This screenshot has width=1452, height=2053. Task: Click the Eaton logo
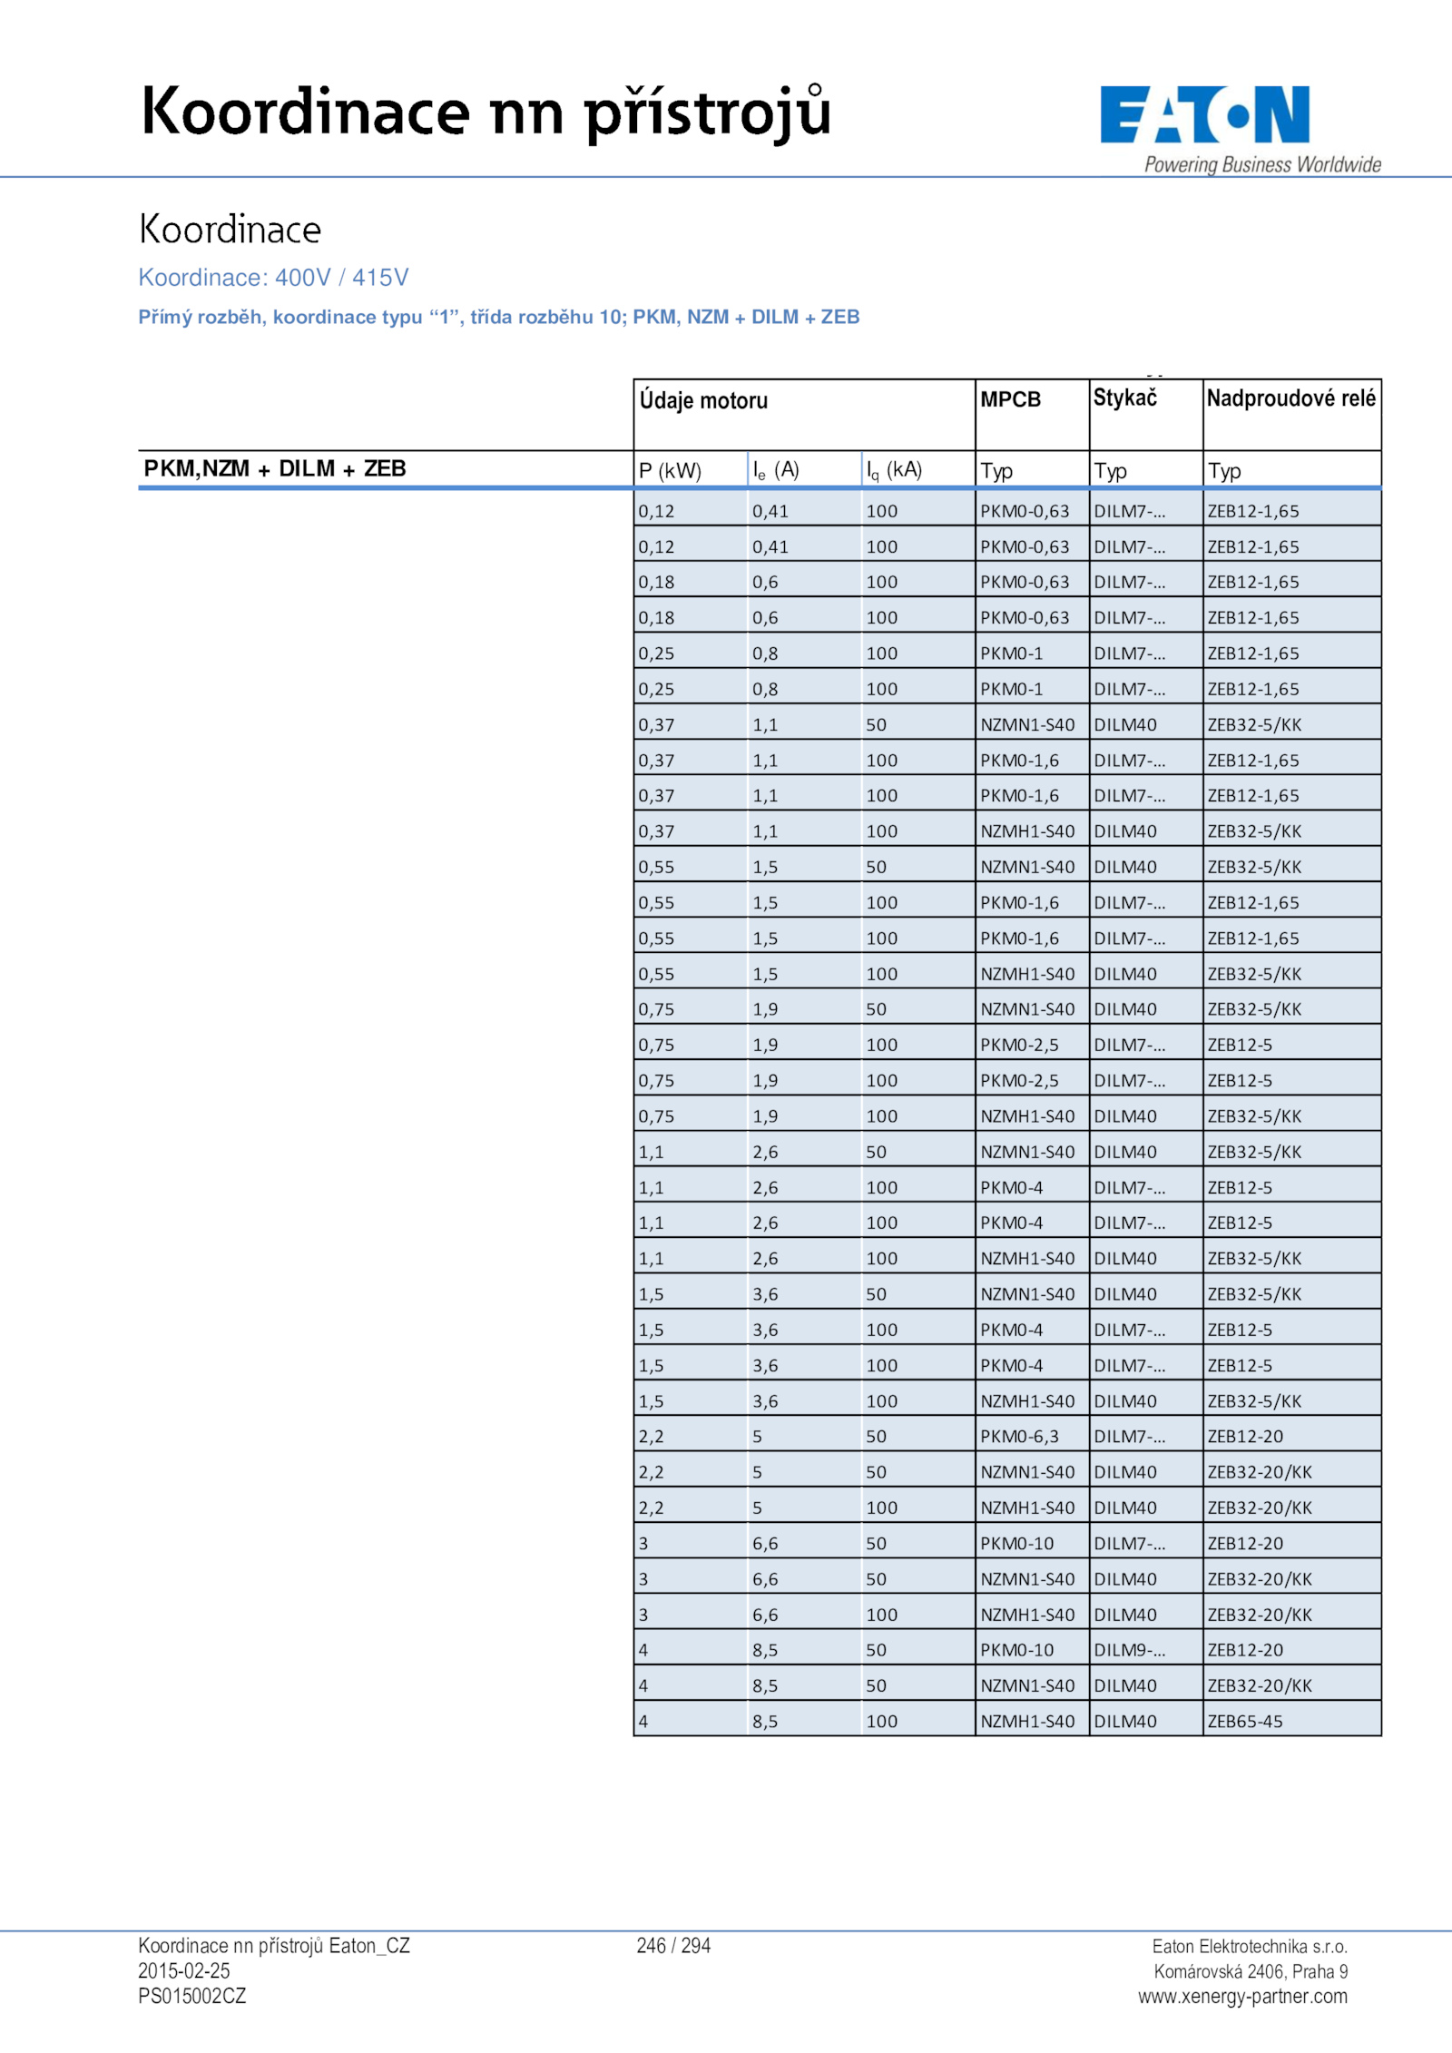pyautogui.click(x=1204, y=114)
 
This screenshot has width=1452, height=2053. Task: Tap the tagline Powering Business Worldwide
pyautogui.click(x=1261, y=164)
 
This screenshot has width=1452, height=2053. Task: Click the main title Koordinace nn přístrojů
pyautogui.click(x=486, y=113)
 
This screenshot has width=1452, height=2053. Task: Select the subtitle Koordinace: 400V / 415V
pyautogui.click(x=273, y=277)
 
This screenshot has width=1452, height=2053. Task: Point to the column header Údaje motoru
pyautogui.click(x=703, y=400)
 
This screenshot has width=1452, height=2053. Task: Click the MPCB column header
pyautogui.click(x=1010, y=399)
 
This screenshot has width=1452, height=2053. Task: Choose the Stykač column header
pyautogui.click(x=1124, y=398)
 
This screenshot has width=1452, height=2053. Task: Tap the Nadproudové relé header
pyautogui.click(x=1290, y=398)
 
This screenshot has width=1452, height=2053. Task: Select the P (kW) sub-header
pyautogui.click(x=670, y=470)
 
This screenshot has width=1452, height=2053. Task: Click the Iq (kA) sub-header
pyautogui.click(x=894, y=470)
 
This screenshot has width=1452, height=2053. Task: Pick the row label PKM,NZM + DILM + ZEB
pyautogui.click(x=275, y=468)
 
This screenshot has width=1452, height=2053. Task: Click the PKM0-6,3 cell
pyautogui.click(x=1019, y=1436)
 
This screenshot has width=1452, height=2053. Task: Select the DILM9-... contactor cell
pyautogui.click(x=1129, y=1649)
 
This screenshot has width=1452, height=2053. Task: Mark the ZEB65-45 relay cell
pyautogui.click(x=1245, y=1721)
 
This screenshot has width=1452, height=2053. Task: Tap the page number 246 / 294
pyautogui.click(x=673, y=1945)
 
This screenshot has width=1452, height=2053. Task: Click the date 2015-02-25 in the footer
pyautogui.click(x=184, y=1970)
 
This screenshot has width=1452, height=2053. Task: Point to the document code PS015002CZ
pyautogui.click(x=192, y=1996)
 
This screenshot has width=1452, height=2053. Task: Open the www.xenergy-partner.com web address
pyautogui.click(x=1242, y=1996)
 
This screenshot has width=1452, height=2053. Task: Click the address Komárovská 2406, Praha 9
pyautogui.click(x=1251, y=1971)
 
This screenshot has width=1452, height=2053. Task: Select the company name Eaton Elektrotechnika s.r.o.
pyautogui.click(x=1250, y=1946)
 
